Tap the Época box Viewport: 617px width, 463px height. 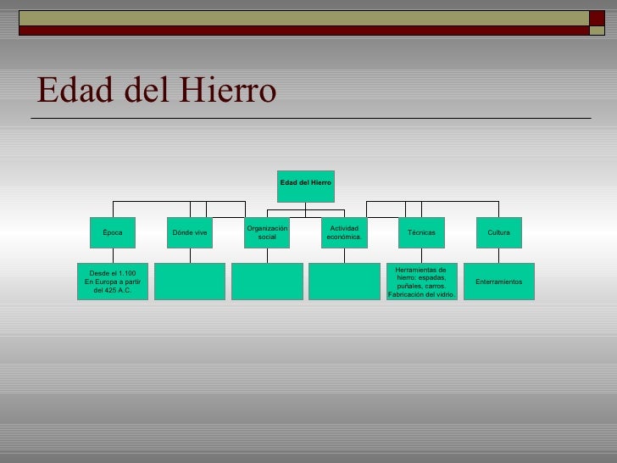[x=113, y=232]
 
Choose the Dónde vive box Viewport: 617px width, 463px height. [x=190, y=232]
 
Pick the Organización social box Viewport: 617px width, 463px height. [x=267, y=232]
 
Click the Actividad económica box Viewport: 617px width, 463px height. [x=344, y=232]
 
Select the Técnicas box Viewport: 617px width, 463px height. [x=421, y=232]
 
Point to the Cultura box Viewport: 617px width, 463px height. [x=498, y=232]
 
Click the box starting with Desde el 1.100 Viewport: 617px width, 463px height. [x=113, y=282]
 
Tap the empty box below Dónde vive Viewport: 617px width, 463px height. [x=190, y=282]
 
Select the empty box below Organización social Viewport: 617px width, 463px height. [x=267, y=282]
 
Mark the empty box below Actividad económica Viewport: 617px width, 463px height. [x=344, y=282]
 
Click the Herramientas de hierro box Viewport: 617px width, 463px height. [x=421, y=282]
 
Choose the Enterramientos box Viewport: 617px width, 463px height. [x=498, y=282]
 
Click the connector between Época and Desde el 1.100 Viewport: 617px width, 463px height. [x=113, y=255]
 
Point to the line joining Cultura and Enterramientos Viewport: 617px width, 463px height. [x=498, y=255]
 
